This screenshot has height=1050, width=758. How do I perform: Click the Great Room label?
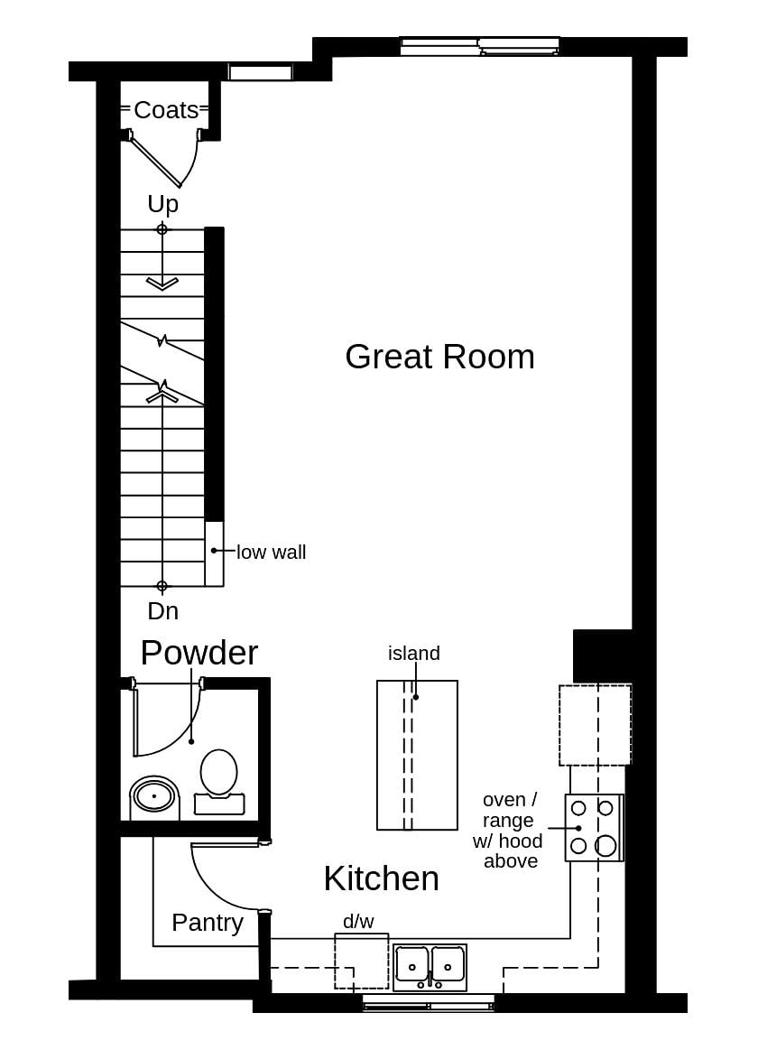439,357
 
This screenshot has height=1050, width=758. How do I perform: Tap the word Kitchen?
381,878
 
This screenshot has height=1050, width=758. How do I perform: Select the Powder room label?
199,653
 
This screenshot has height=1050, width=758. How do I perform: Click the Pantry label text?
208,923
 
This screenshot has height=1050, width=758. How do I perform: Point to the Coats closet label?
166,110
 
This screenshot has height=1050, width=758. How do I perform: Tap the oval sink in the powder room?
154,795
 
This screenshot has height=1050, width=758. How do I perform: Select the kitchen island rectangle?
417,755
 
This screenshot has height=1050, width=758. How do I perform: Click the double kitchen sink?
430,967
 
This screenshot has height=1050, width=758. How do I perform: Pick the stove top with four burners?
594,827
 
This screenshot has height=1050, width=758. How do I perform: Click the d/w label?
358,921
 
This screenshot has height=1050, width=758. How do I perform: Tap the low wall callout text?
271,552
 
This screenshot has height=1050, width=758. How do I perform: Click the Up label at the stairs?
163,204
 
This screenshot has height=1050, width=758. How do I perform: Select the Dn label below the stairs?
163,611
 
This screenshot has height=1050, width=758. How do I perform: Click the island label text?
414,653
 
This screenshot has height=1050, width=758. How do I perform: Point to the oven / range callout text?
509,831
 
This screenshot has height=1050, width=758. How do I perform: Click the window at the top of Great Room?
479,46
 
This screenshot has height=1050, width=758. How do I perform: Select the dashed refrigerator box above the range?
595,725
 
